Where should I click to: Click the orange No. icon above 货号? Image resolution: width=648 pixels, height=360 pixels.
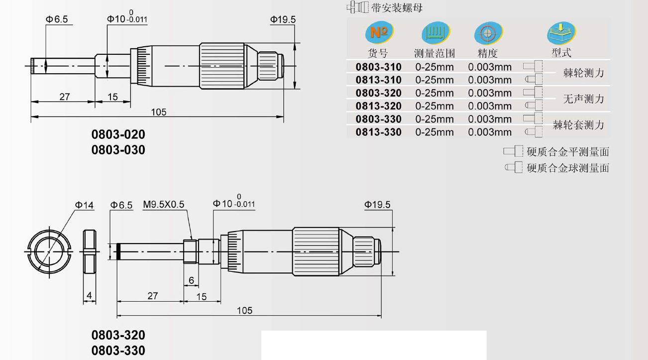[x=379, y=32]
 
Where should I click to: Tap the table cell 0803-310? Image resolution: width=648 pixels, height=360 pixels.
[x=378, y=67]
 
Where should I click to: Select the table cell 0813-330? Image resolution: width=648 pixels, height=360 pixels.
[x=378, y=132]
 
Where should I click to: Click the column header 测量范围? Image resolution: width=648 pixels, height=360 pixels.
[x=434, y=53]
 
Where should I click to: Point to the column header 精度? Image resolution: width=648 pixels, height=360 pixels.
[x=487, y=53]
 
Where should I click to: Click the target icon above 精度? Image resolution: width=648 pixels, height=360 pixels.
[x=488, y=33]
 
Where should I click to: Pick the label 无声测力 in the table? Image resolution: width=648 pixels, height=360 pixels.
[x=583, y=99]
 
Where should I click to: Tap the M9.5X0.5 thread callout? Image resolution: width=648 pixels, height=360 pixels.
[x=163, y=205]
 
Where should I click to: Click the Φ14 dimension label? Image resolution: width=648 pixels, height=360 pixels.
[x=84, y=205]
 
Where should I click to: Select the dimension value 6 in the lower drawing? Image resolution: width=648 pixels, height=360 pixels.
[x=191, y=280]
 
